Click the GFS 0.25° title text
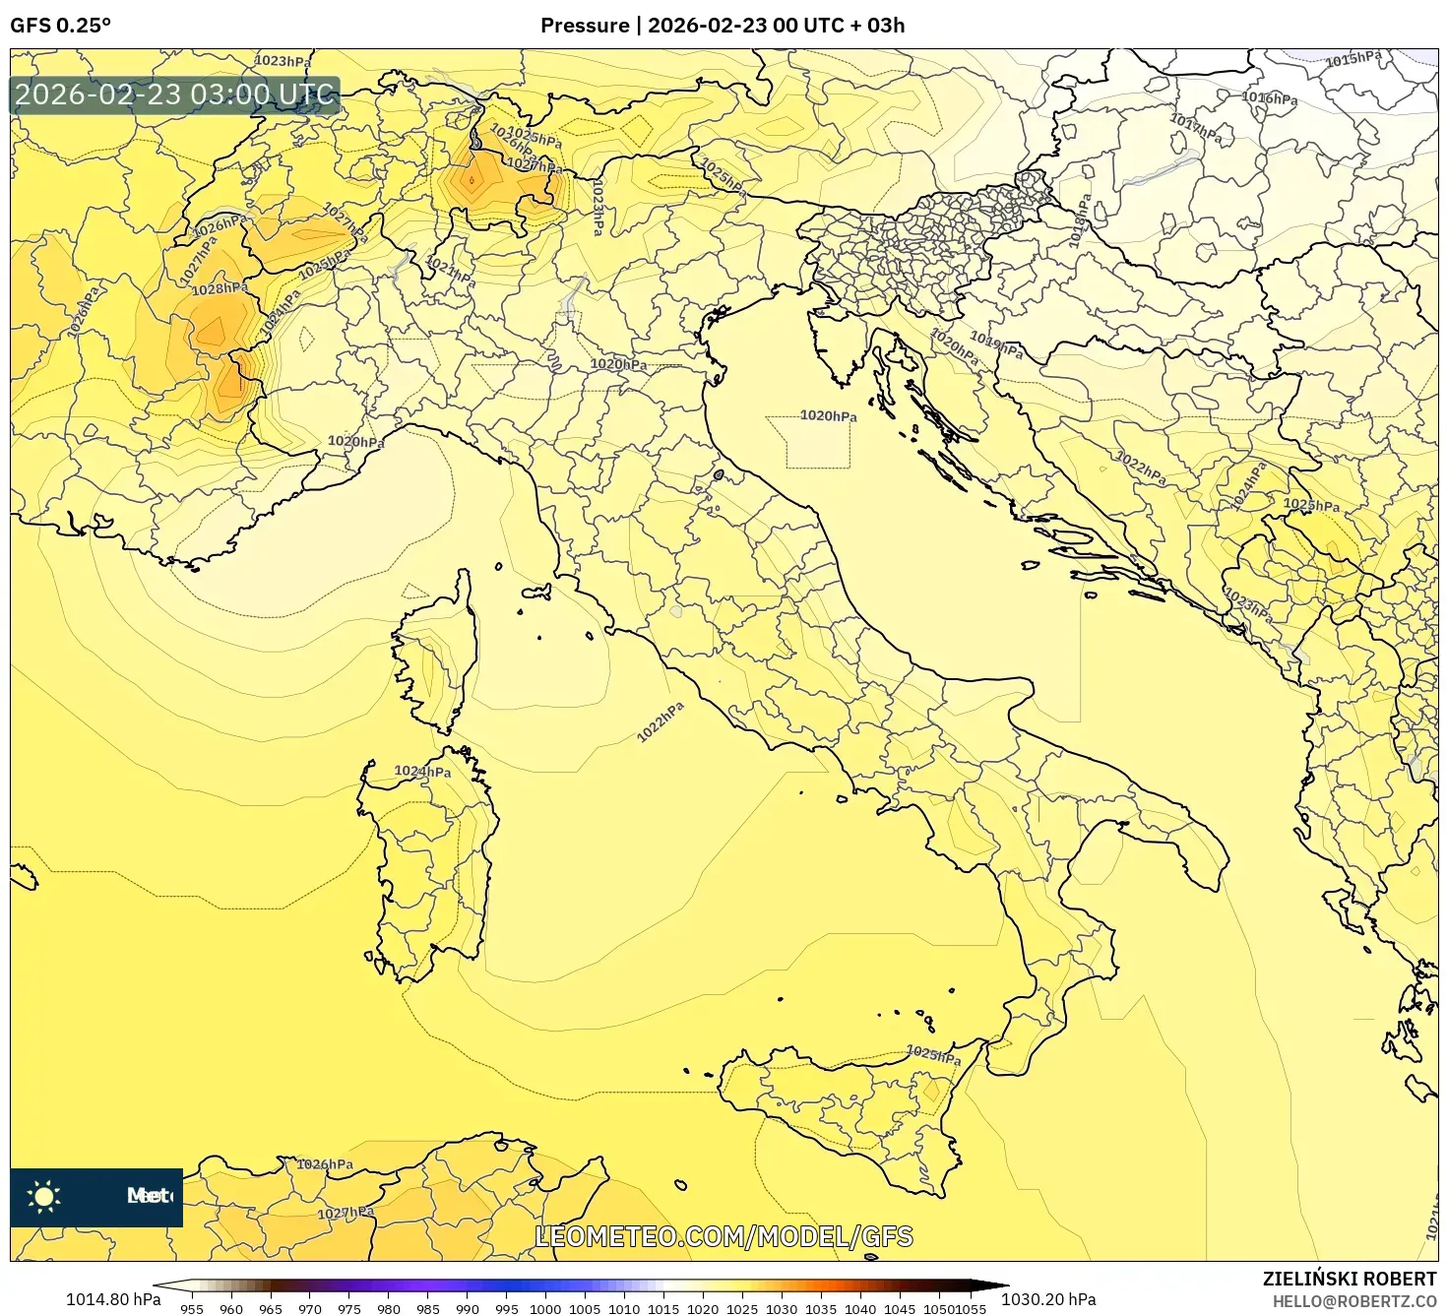pos(60,25)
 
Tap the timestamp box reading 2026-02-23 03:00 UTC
pos(175,95)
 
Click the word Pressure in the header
pos(584,25)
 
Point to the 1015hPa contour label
pos(1353,59)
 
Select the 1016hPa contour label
pos(1269,97)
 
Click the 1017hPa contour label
pos(1196,128)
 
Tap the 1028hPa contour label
pos(219,288)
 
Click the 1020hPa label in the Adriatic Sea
pos(828,416)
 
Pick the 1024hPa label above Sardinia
pos(422,772)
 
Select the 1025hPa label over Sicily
pos(933,1055)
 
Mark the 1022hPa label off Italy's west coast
pos(660,722)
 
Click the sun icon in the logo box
pos(44,1197)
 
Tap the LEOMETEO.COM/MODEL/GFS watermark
pos(723,1236)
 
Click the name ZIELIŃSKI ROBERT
pos(1349,1279)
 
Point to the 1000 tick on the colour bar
pos(545,1308)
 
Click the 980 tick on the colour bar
pos(389,1308)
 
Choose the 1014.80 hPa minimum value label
pos(113,1299)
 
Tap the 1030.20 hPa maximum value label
pos(1047,1299)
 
